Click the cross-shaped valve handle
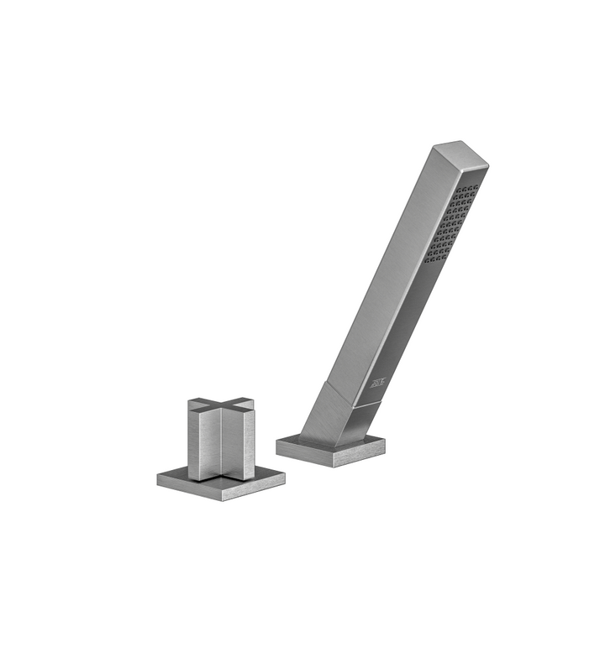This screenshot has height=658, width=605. tap(221, 439)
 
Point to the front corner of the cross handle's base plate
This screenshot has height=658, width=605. tap(222, 500)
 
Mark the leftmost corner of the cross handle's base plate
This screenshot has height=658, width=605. tap(158, 479)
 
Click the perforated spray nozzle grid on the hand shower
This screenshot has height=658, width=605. tap(451, 223)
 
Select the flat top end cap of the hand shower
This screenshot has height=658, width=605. tap(460, 154)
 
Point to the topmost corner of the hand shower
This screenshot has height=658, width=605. tap(460, 142)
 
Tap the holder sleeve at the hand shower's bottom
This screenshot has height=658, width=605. tap(332, 415)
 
